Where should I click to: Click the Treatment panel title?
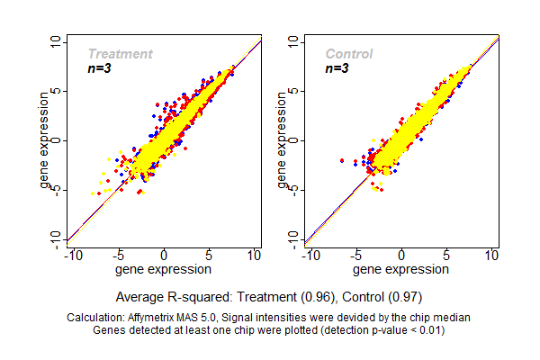[120, 54]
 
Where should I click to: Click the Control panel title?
[348, 54]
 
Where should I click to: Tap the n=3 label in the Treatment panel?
[99, 68]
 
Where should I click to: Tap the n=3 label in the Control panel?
[337, 68]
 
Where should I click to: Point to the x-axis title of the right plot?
[400, 268]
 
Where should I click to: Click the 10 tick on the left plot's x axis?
[256, 256]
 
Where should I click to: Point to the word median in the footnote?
[453, 318]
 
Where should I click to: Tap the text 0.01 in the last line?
[427, 330]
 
